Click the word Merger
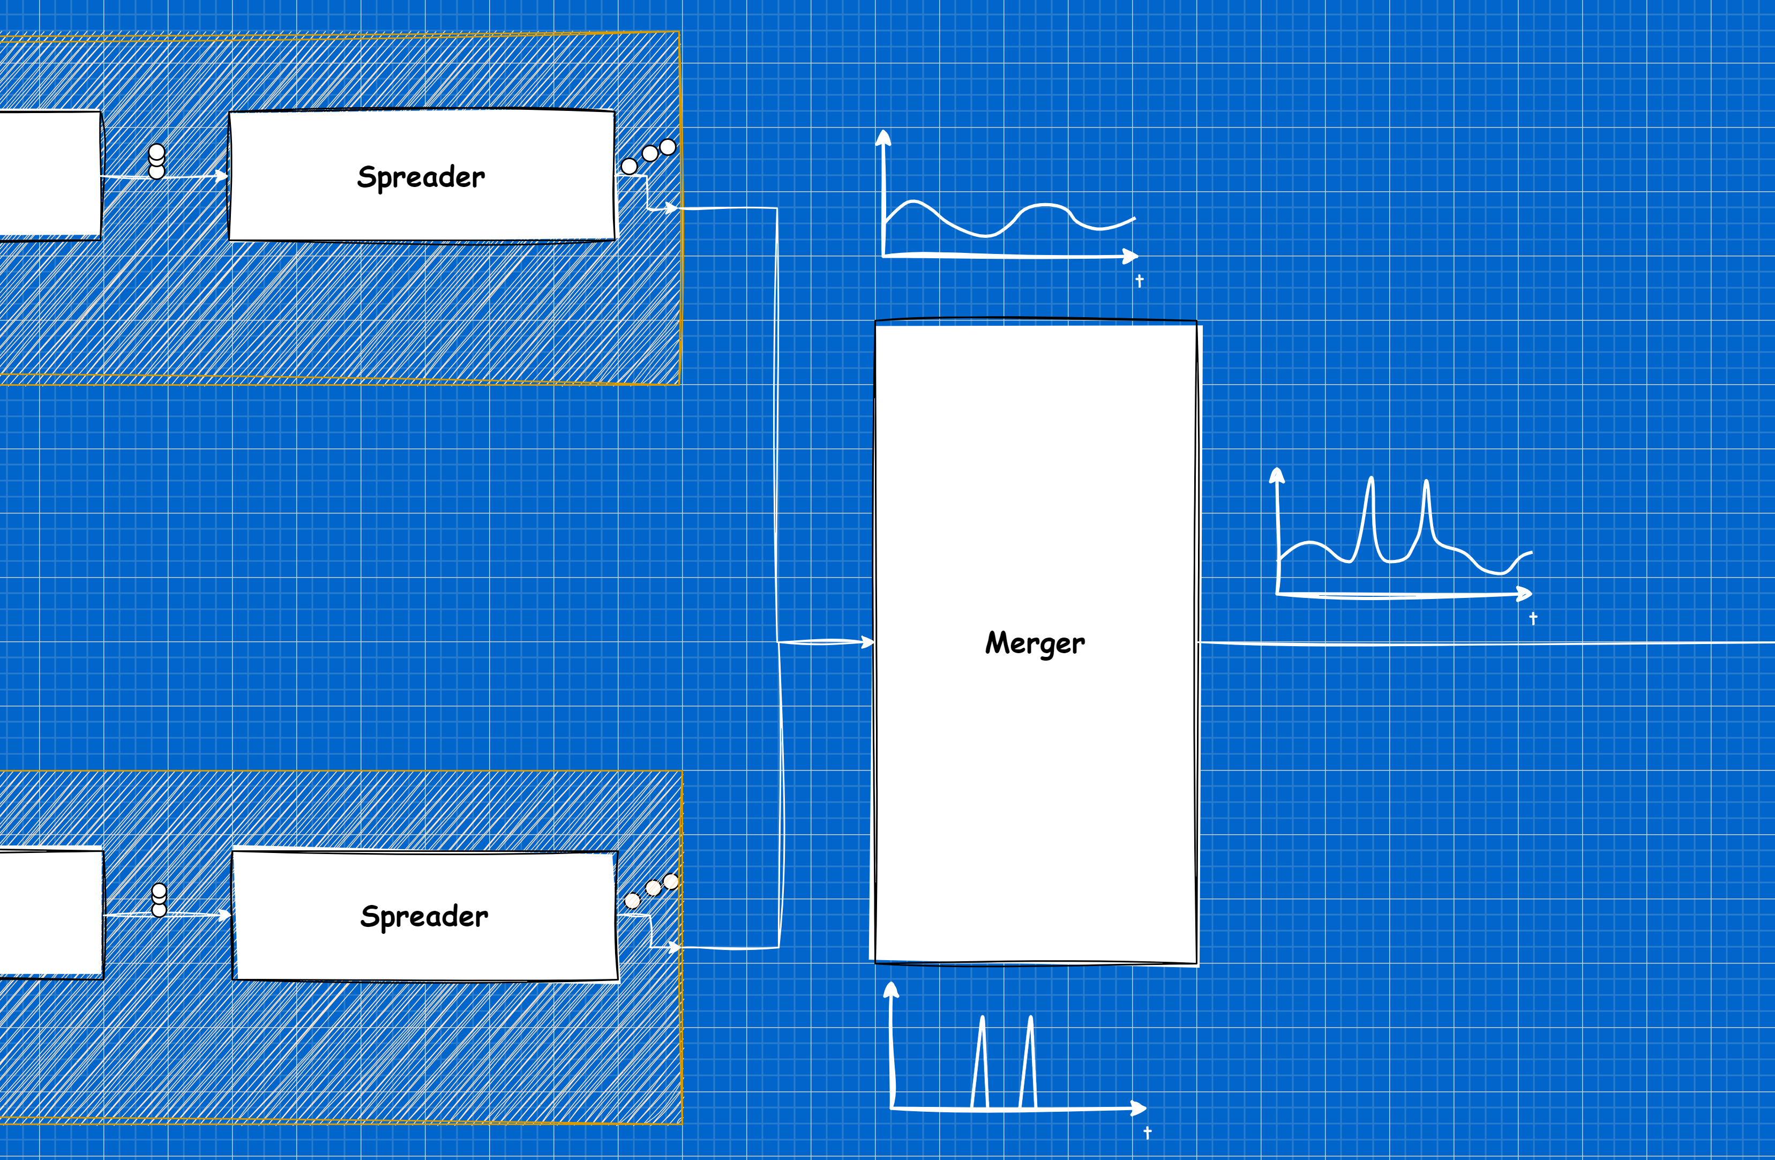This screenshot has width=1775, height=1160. point(1035,643)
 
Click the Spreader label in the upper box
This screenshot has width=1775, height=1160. point(421,177)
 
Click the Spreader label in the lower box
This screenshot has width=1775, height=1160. point(424,916)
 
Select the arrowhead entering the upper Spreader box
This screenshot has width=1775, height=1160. point(222,176)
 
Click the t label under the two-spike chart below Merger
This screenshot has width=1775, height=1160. point(1147,1132)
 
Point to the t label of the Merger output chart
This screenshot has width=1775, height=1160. point(1533,618)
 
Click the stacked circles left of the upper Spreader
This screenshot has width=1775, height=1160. point(156,161)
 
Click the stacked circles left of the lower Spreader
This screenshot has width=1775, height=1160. point(159,900)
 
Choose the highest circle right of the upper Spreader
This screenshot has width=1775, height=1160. point(668,147)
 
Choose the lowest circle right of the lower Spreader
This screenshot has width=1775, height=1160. point(632,901)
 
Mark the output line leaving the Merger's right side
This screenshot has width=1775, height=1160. point(1484,643)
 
